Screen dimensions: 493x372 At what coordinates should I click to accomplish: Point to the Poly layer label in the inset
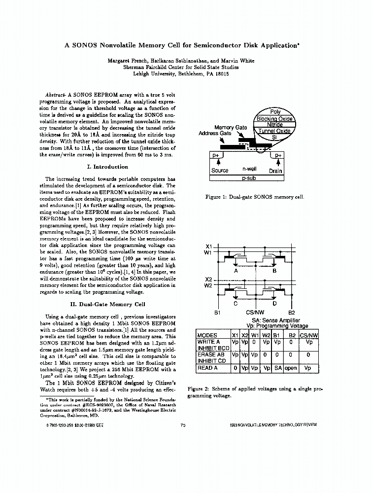coord(275,112)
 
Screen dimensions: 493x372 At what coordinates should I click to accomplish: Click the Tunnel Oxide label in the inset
coord(274,131)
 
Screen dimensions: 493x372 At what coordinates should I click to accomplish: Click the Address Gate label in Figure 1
coord(214,134)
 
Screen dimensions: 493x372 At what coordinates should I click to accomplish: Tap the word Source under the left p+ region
coord(220,171)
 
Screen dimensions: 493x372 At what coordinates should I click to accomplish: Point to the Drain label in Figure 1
coord(275,171)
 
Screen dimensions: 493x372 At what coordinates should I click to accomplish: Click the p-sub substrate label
coord(247,178)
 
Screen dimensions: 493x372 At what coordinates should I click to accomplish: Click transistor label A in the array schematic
coord(236,271)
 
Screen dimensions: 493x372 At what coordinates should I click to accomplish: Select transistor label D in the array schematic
coord(274,303)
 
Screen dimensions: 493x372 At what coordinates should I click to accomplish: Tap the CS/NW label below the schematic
coord(254,313)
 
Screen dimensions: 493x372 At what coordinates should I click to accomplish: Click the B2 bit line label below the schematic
coord(291,313)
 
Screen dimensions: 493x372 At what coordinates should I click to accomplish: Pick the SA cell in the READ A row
coord(278,368)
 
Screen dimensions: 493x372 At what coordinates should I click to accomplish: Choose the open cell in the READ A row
coord(291,368)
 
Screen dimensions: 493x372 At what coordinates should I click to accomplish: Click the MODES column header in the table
coord(207,335)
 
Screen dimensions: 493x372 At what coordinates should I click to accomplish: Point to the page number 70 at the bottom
coord(183,424)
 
